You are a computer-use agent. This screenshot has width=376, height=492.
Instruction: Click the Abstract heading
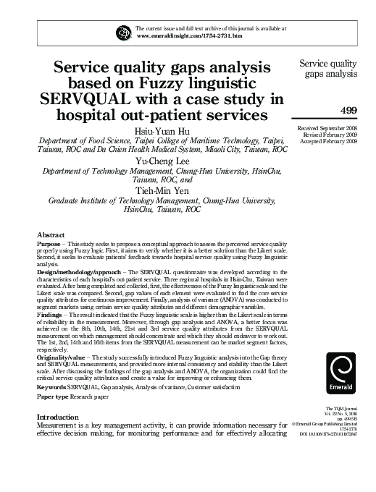click(x=49, y=234)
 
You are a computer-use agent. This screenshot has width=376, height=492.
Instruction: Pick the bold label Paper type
click(x=53, y=396)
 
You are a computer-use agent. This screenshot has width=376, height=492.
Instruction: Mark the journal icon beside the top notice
click(x=123, y=32)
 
